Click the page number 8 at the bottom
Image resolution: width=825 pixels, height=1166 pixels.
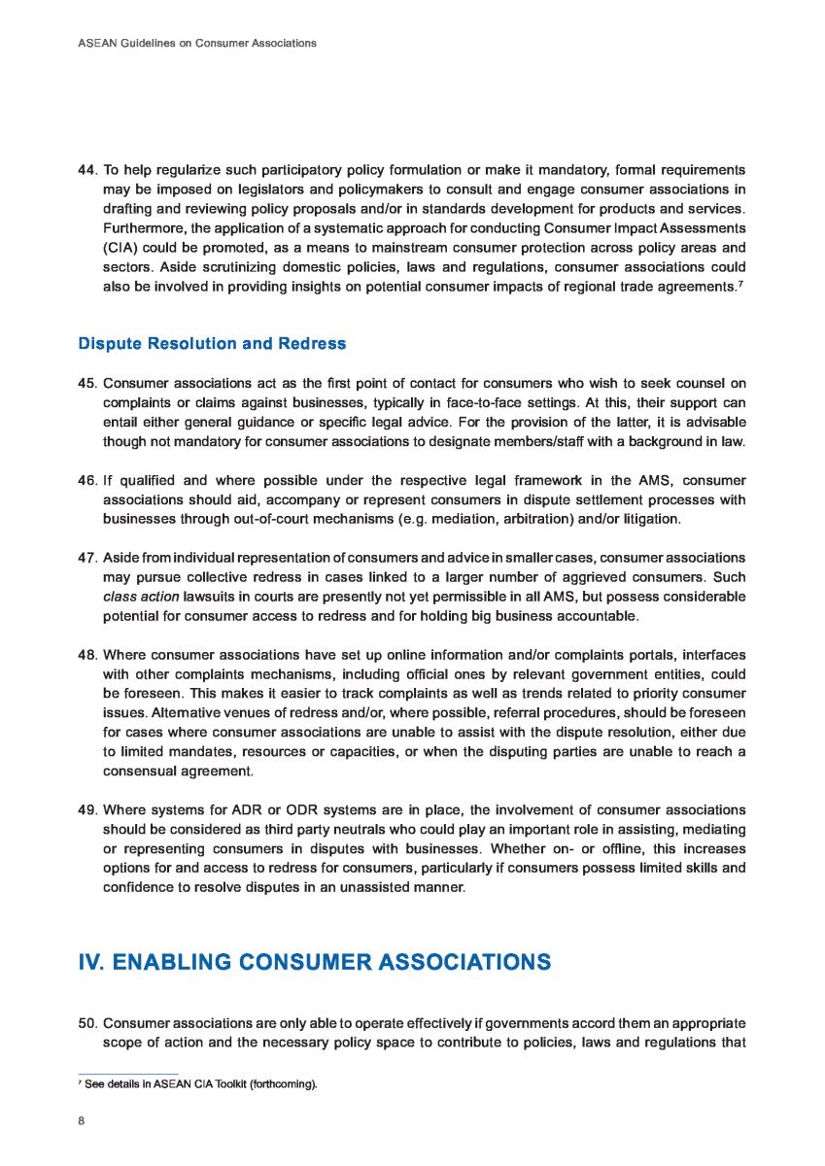pyautogui.click(x=81, y=1120)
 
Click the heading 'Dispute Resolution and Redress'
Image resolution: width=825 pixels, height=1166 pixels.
pyautogui.click(x=212, y=343)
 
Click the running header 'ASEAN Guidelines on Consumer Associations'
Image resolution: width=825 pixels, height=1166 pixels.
pyautogui.click(x=196, y=43)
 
